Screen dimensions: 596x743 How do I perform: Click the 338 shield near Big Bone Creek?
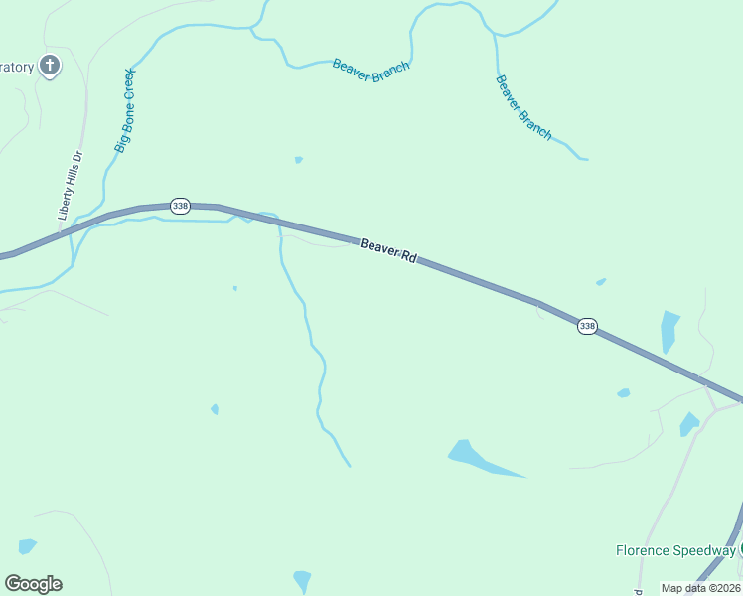point(180,206)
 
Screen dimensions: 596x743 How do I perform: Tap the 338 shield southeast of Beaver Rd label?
point(587,326)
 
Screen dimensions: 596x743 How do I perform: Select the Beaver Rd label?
point(387,249)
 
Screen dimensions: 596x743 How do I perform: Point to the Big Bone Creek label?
point(124,110)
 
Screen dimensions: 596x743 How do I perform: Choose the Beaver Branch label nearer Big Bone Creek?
point(371,70)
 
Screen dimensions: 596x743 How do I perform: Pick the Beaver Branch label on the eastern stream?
point(523,107)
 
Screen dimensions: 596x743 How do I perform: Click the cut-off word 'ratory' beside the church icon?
point(18,68)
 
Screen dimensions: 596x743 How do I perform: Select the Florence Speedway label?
point(675,550)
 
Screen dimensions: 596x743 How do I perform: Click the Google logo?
point(33,584)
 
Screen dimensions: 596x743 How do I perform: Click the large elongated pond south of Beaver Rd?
point(476,458)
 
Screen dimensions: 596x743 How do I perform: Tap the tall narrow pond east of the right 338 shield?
point(669,331)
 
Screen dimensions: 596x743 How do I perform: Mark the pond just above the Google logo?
point(27,545)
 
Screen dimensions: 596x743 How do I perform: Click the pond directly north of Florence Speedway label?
point(688,424)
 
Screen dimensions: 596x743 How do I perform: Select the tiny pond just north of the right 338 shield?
point(601,282)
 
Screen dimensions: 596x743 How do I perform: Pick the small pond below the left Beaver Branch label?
point(298,159)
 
